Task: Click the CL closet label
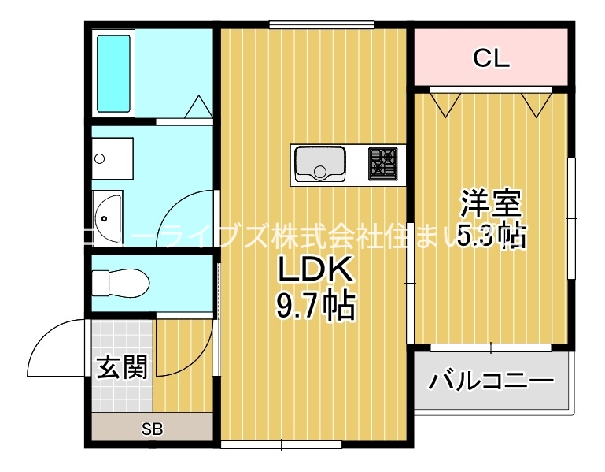(x=491, y=58)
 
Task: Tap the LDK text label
(x=312, y=270)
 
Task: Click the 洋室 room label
(x=491, y=203)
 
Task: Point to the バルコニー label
(x=490, y=382)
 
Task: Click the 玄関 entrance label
(x=122, y=366)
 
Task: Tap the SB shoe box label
(x=152, y=429)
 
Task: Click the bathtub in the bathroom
(x=113, y=73)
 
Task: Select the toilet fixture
(x=119, y=280)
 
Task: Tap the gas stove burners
(x=385, y=164)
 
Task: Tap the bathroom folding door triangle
(x=197, y=107)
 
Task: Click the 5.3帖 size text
(x=491, y=235)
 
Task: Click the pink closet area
(x=535, y=58)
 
